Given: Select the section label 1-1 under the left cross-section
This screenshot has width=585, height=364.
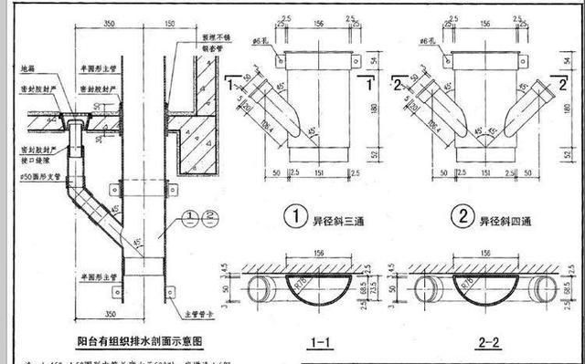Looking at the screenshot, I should pyautogui.click(x=320, y=342).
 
